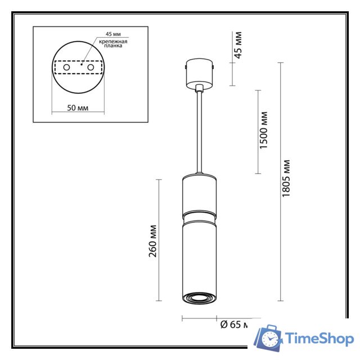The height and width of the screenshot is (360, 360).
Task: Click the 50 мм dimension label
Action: [x=77, y=108]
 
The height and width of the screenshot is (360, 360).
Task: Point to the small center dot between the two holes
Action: [x=81, y=65]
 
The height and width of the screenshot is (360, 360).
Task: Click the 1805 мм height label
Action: [x=286, y=179]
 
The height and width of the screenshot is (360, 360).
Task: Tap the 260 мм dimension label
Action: [x=152, y=241]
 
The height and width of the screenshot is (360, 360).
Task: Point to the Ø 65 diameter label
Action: [x=231, y=325]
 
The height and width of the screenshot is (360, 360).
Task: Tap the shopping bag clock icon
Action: [x=269, y=338]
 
